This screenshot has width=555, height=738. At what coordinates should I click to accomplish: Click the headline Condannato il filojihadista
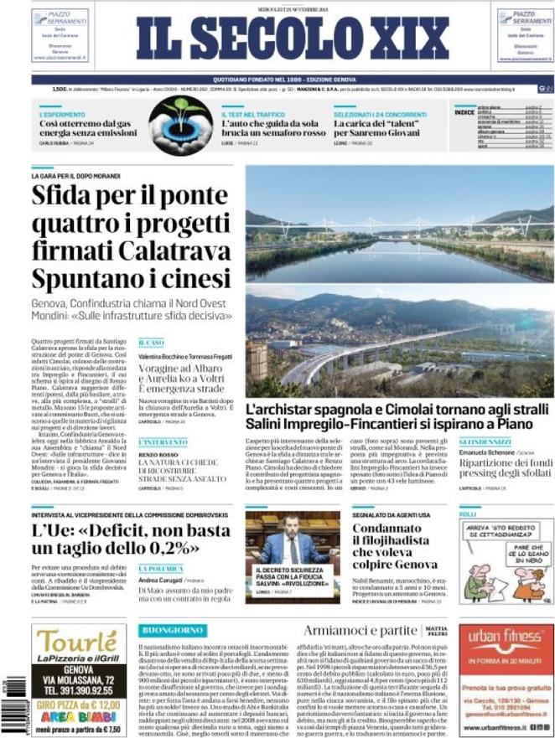[x=393, y=546]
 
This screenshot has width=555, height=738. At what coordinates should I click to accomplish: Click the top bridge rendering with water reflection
[x=400, y=222]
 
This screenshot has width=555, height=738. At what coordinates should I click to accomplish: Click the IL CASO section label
[x=152, y=342]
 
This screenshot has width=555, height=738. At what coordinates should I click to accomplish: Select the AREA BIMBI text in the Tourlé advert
[x=78, y=715]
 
